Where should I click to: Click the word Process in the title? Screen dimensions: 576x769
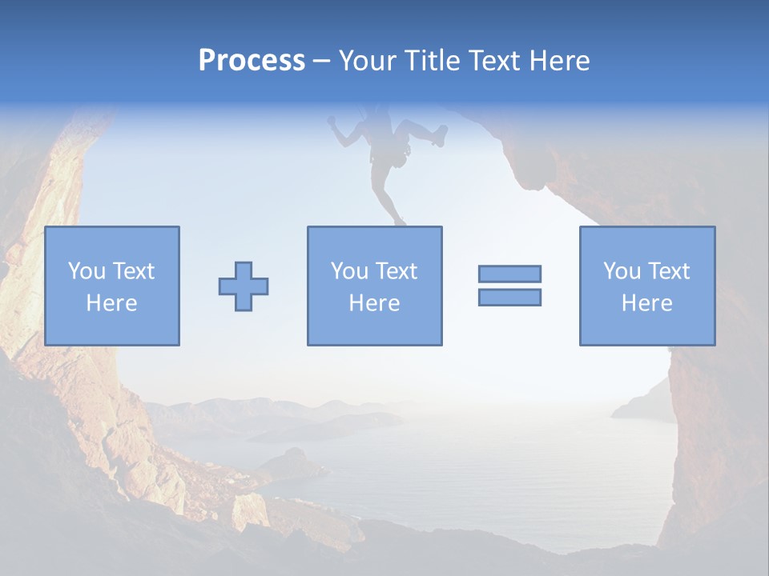click(x=252, y=61)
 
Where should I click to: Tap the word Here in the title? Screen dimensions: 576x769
click(x=559, y=61)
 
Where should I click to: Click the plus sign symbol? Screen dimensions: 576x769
click(x=244, y=286)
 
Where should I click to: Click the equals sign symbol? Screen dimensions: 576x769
click(x=509, y=286)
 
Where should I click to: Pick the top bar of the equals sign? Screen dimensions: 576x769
click(x=509, y=274)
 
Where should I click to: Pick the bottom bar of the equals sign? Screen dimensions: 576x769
click(x=509, y=297)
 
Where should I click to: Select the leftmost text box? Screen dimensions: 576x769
click(x=112, y=286)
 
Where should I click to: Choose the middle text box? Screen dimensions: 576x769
click(x=374, y=286)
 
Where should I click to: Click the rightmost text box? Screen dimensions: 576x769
click(x=647, y=286)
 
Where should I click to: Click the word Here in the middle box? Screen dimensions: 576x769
click(x=374, y=303)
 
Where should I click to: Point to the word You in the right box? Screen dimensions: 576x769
click(x=622, y=271)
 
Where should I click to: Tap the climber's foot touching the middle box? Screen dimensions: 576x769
click(x=398, y=221)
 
